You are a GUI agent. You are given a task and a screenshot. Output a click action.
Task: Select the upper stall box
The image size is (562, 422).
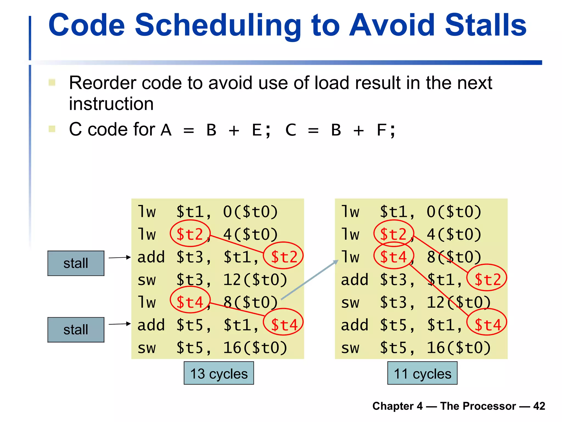76,263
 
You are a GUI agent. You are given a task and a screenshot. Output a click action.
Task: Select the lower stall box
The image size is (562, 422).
76,330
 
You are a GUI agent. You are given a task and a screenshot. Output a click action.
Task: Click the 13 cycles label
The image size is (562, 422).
219,373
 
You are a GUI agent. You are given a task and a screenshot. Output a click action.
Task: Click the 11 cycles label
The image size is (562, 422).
422,373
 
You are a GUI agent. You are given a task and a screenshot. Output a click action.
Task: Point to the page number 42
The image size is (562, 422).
539,406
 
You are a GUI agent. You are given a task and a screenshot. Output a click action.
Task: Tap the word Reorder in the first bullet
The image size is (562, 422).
102,83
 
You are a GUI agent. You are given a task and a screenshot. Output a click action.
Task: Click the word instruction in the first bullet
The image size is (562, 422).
111,104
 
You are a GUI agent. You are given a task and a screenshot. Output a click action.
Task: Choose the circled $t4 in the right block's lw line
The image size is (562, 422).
394,257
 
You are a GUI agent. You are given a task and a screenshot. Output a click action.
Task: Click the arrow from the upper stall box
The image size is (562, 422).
119,257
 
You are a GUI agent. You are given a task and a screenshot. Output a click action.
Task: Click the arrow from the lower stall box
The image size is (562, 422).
119,324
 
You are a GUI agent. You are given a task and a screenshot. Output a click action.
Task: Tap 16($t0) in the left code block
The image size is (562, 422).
255,348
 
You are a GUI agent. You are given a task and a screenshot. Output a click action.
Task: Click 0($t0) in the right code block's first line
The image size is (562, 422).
454,212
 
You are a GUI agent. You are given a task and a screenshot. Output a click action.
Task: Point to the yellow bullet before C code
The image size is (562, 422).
52,129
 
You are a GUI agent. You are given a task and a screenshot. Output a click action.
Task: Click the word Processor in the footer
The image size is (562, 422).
478,406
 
